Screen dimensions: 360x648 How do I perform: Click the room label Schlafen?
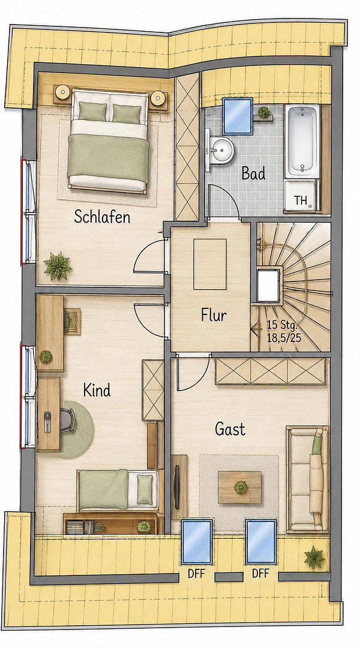point(102,217)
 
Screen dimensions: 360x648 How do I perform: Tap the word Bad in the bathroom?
point(253,173)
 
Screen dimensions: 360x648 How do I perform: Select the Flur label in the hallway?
point(214,316)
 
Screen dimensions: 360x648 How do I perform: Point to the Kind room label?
point(97,390)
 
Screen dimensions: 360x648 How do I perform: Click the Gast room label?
point(230,429)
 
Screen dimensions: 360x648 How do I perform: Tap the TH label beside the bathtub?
point(301,201)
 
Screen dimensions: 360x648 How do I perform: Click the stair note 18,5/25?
point(284,337)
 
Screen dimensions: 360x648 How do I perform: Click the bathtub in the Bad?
point(302,142)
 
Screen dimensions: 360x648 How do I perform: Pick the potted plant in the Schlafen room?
point(58,266)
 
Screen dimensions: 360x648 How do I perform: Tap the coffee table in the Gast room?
point(240,487)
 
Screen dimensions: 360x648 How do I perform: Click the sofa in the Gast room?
point(308,479)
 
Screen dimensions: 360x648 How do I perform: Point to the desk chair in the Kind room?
point(67,420)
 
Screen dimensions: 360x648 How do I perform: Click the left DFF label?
point(197,574)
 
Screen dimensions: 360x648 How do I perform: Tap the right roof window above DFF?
point(261,542)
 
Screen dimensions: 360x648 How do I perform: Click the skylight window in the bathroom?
point(237,116)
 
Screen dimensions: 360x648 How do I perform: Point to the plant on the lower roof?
point(314,557)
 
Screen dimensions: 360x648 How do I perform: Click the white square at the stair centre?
point(268,286)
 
